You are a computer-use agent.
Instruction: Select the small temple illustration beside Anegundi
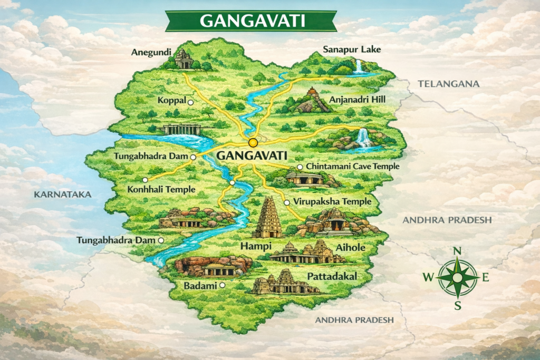184,59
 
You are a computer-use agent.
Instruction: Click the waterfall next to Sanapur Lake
359,66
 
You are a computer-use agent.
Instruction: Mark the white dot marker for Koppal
190,102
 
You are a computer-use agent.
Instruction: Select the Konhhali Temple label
162,189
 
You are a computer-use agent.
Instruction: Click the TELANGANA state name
448,84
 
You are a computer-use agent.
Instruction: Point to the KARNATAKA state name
62,194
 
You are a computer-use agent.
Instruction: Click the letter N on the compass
458,250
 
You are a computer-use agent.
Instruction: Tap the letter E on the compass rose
485,277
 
